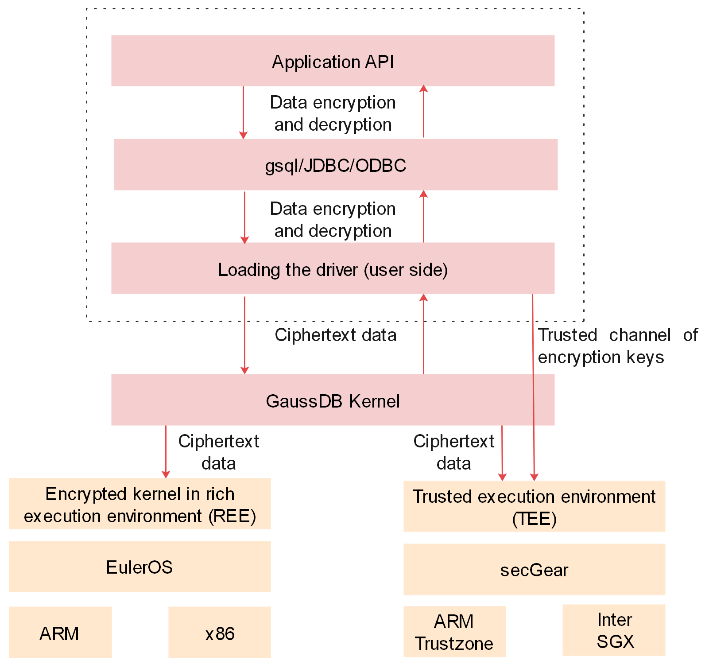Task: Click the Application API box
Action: [333, 61]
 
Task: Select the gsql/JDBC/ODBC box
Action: [335, 165]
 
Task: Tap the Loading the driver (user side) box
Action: [333, 268]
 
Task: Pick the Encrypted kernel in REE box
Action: [139, 504]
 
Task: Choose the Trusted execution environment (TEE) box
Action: [534, 506]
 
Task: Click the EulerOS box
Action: [139, 567]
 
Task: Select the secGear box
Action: [534, 569]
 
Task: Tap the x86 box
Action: [219, 633]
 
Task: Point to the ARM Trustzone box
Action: [454, 632]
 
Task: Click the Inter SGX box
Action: [614, 630]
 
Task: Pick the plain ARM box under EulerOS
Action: [60, 633]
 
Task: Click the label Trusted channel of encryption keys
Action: [616, 346]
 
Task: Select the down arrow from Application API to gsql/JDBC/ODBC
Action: [243, 113]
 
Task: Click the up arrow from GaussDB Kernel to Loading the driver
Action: [423, 334]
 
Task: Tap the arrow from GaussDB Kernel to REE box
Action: [166, 452]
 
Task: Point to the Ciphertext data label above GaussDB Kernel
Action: [335, 335]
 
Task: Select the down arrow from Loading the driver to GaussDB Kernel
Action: [244, 334]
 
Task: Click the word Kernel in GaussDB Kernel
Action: [374, 401]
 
